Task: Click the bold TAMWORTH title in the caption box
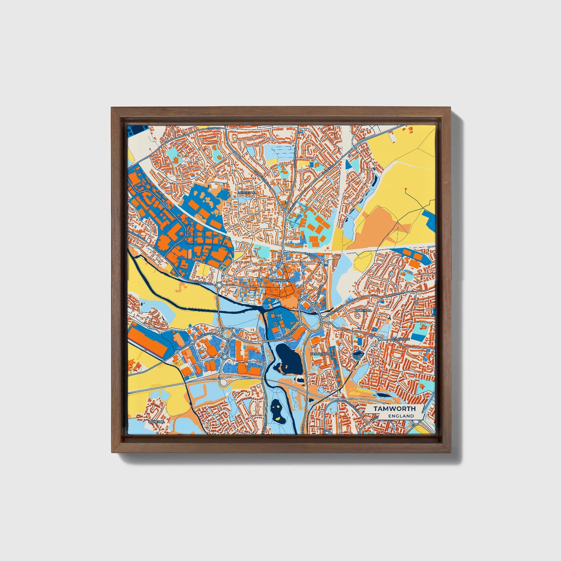[x=394, y=408]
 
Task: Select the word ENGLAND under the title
[x=401, y=416]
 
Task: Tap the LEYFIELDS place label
[x=247, y=193]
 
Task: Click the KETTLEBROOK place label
[x=322, y=354]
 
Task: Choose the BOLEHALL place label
[x=366, y=311]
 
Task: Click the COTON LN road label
[x=214, y=128]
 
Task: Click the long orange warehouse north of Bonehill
[x=148, y=341]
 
